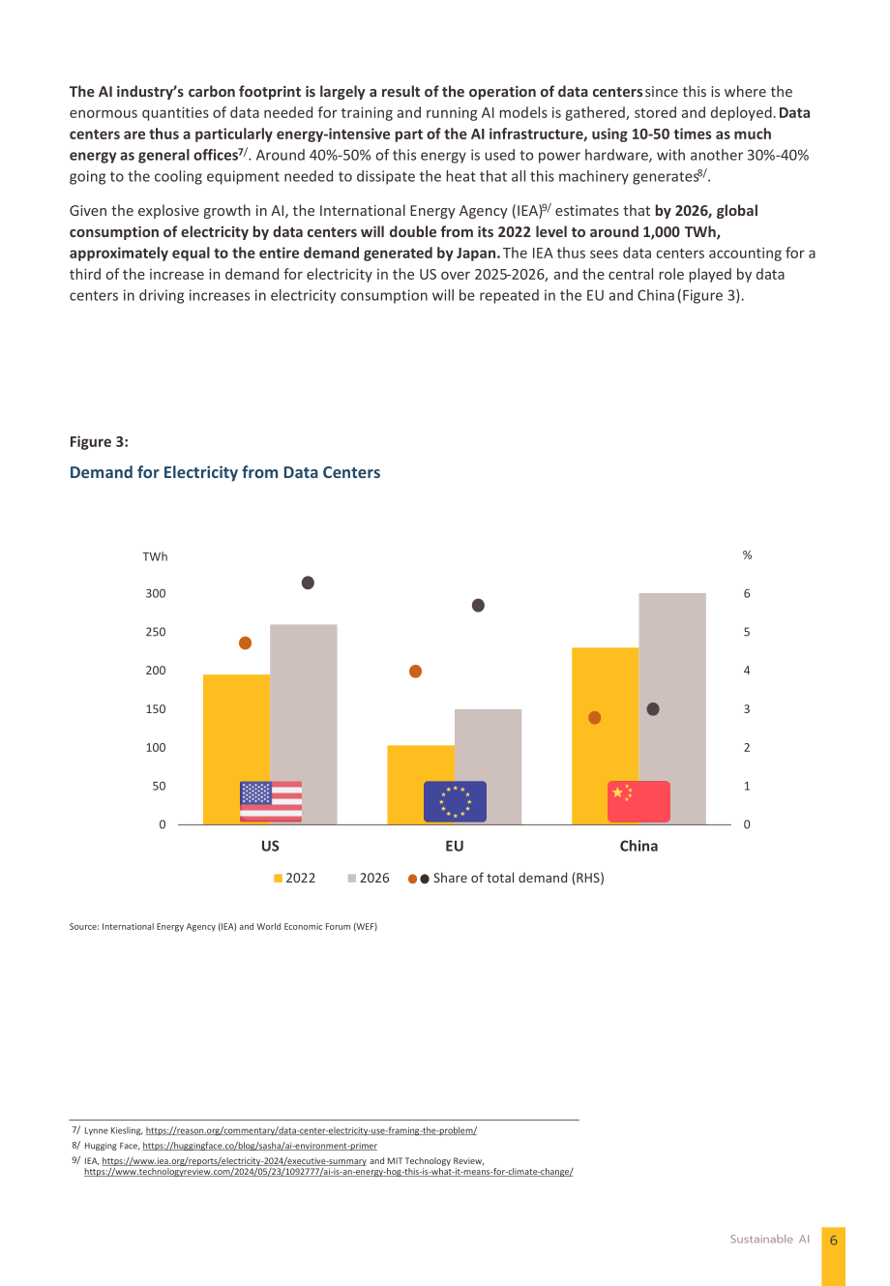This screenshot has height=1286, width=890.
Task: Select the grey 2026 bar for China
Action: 672,708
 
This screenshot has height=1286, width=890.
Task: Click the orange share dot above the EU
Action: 415,672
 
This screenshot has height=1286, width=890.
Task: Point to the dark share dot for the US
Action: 308,583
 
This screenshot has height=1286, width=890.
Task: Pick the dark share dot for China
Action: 653,709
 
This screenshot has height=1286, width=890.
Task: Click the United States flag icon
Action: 271,801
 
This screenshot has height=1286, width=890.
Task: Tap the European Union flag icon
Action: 455,801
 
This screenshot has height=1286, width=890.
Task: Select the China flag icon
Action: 638,801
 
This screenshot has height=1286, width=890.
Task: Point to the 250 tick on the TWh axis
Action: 156,632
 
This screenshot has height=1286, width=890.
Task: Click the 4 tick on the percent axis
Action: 747,671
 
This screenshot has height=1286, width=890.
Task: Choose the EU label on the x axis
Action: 455,846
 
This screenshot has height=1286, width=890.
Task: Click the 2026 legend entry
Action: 369,878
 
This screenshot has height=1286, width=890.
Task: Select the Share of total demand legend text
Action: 519,878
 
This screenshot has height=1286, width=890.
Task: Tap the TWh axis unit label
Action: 155,556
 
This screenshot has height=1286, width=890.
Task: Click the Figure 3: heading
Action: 99,441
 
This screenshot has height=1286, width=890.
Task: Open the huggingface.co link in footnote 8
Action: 259,1146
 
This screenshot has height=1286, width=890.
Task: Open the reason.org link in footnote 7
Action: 311,1130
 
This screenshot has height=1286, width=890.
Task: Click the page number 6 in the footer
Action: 833,1240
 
